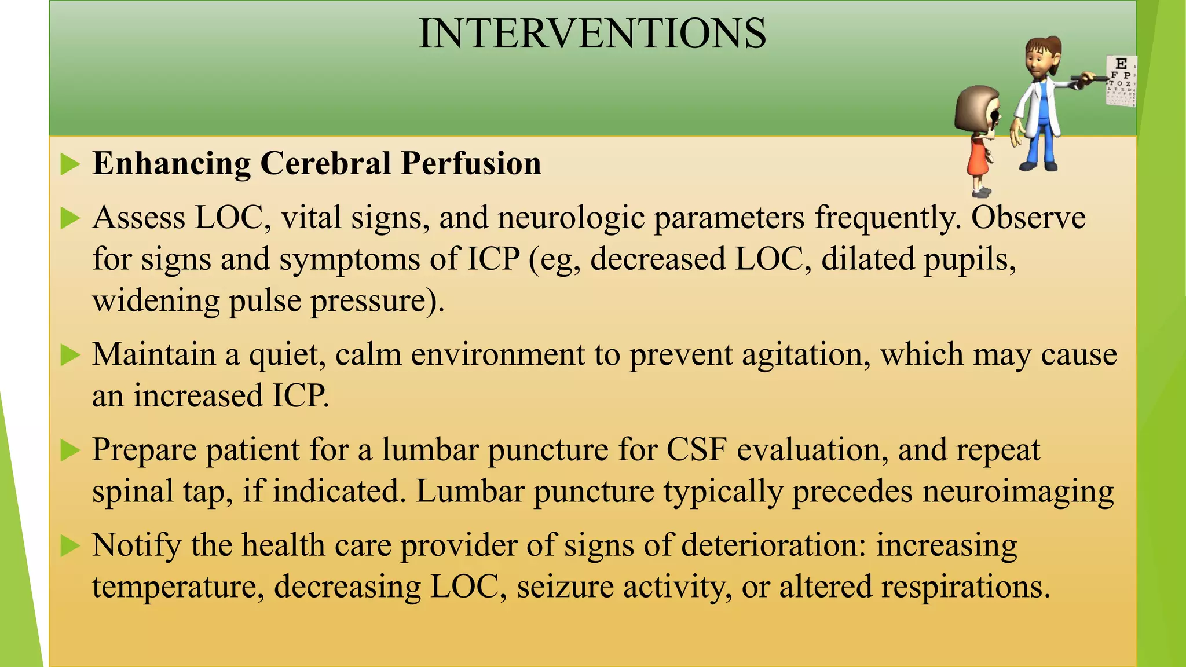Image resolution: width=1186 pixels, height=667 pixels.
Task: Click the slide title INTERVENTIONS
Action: click(x=592, y=34)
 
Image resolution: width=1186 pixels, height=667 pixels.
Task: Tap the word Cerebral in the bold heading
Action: click(x=325, y=163)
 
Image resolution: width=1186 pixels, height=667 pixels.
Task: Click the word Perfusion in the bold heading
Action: click(x=471, y=163)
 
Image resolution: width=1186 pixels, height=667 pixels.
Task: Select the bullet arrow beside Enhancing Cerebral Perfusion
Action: click(x=70, y=164)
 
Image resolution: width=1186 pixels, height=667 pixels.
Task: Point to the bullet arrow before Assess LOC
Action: click(x=70, y=219)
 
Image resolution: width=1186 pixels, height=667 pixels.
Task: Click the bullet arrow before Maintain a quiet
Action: click(x=70, y=355)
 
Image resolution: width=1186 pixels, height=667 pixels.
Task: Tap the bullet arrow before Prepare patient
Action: click(x=70, y=450)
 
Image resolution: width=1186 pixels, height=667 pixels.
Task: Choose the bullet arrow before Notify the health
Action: click(x=70, y=545)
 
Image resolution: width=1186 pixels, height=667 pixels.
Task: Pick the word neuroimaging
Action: click(x=1017, y=492)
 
